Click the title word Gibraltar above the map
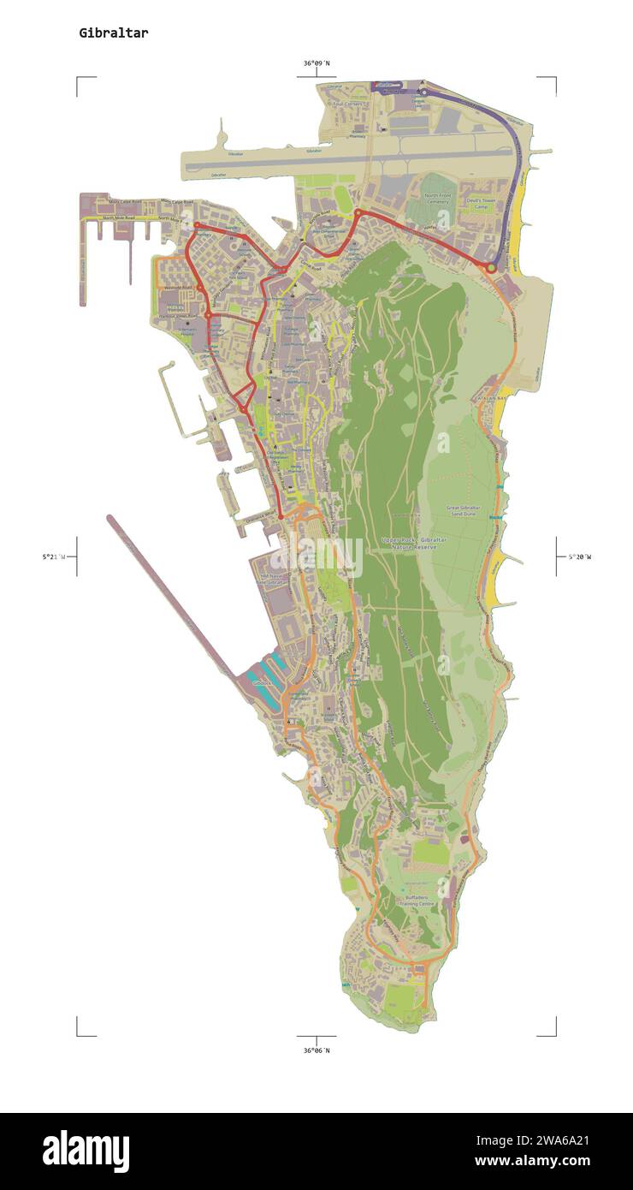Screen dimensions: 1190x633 113,33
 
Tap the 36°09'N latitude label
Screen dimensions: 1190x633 316,63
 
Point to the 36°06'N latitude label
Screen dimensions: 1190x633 316,1050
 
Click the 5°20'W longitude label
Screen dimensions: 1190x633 579,556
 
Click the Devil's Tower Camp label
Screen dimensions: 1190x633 482,204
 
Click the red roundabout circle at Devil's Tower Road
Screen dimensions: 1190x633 491,268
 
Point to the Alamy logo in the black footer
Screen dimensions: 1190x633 86,1151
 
